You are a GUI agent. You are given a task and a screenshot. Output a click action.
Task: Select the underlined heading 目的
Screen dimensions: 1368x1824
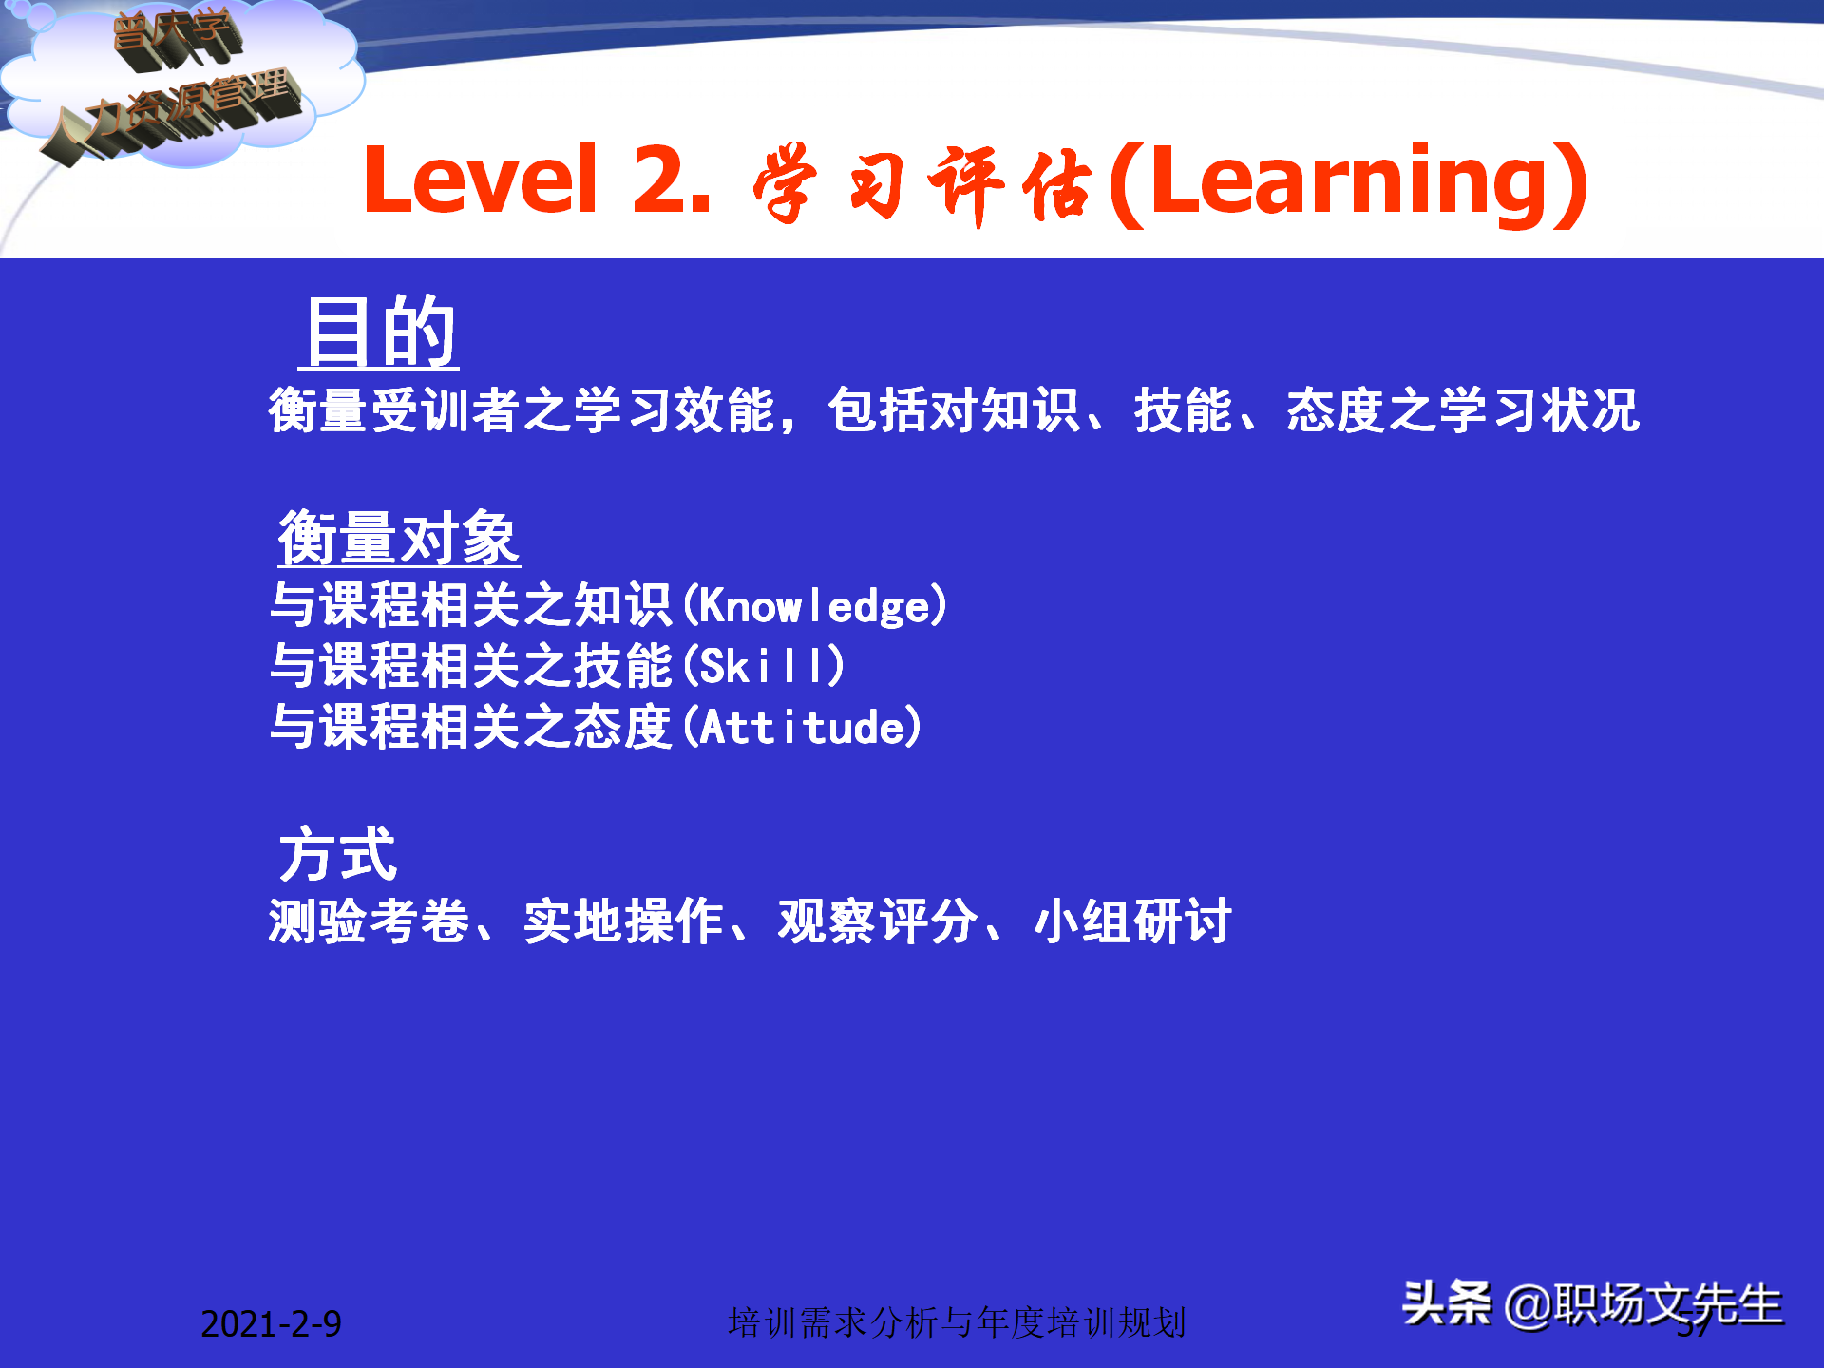click(x=380, y=332)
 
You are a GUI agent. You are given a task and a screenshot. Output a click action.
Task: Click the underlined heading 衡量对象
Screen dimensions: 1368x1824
click(x=399, y=539)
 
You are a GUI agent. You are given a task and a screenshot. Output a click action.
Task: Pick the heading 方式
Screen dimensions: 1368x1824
click(x=337, y=854)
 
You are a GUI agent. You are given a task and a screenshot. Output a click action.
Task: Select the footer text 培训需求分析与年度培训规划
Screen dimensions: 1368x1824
click(x=957, y=1322)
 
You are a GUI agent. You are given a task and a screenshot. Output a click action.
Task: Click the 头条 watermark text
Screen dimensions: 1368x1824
click(x=1447, y=1303)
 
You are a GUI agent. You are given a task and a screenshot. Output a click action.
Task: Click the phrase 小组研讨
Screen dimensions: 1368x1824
click(x=1132, y=921)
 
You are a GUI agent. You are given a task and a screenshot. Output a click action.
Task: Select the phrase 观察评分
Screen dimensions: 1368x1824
click(x=878, y=921)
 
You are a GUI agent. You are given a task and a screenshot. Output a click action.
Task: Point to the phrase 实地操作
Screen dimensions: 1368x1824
click(x=623, y=921)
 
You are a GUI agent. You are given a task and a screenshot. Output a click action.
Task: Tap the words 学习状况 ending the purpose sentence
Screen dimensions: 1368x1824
click(x=1539, y=411)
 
